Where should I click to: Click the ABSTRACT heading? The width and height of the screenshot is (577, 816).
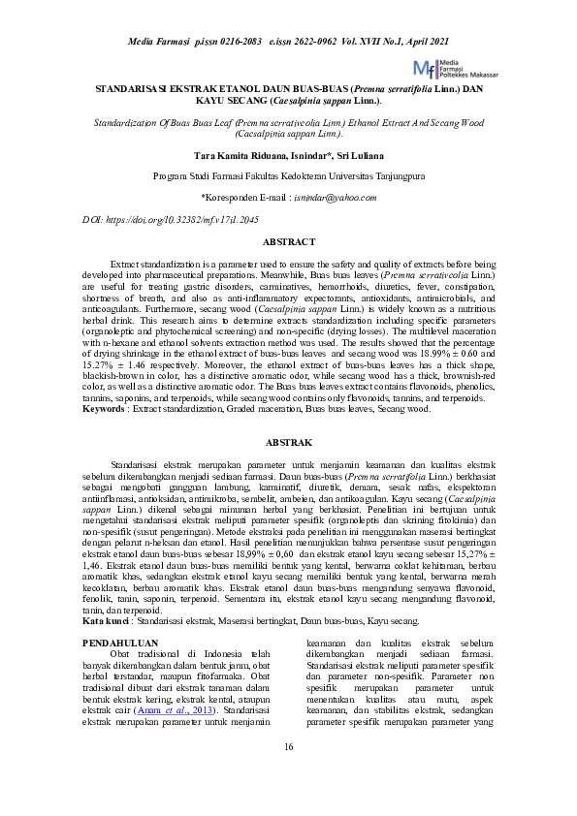[x=288, y=240]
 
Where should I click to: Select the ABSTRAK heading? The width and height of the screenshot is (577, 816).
[x=288, y=442]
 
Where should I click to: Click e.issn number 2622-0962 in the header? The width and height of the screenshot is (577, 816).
[x=312, y=41]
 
